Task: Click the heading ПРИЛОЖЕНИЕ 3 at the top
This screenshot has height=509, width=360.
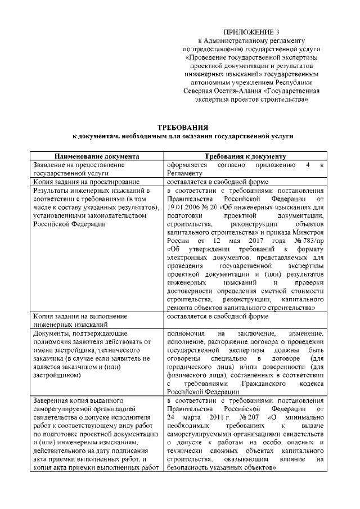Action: click(x=251, y=31)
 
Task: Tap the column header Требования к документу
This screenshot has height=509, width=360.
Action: click(x=245, y=156)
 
